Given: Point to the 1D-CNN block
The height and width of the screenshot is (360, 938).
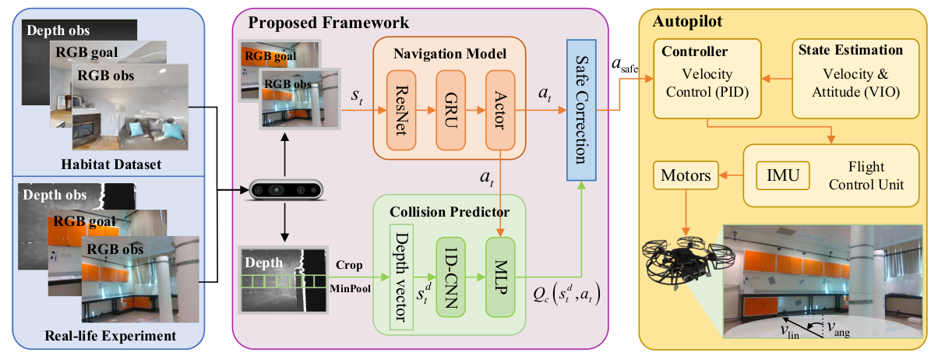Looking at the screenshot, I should pos(451,277).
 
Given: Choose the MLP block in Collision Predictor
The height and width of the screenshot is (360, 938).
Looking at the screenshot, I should pos(500,277).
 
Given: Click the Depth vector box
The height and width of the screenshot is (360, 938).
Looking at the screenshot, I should pos(402,277).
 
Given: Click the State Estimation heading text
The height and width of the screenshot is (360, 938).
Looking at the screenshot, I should pos(850,51).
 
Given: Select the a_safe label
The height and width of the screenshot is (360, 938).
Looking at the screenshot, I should pos(625,68).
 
